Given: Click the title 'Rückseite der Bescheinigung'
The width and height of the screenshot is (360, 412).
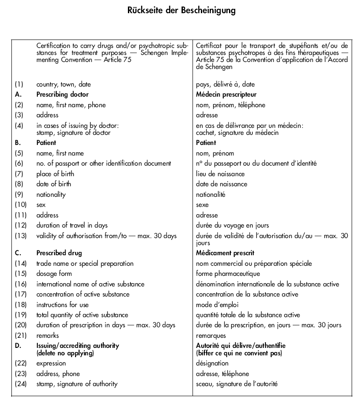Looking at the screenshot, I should (x=182, y=10).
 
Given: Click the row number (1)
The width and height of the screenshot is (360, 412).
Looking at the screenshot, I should (x=19, y=84).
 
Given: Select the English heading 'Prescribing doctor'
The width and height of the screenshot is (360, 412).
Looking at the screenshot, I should (x=62, y=94).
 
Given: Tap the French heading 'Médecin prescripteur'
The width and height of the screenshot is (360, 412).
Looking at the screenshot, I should (x=226, y=94).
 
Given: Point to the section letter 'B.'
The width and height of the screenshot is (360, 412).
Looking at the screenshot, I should (x=18, y=143).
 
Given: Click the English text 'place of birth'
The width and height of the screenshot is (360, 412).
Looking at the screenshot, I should (x=55, y=174).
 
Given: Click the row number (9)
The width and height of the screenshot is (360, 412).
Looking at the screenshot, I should (x=19, y=195).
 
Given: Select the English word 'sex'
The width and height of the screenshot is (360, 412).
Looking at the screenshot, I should (x=41, y=205).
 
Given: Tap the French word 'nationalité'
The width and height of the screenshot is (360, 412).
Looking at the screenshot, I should (x=211, y=195).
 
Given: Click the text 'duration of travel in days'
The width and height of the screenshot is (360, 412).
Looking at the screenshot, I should (x=72, y=225).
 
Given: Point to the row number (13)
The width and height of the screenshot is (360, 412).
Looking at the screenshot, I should (x=21, y=236).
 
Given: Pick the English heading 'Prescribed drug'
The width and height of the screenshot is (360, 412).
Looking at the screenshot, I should (x=59, y=253).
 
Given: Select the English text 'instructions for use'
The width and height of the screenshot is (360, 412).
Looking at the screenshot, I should (x=62, y=305).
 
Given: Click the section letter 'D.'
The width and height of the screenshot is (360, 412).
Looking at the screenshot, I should (x=18, y=346).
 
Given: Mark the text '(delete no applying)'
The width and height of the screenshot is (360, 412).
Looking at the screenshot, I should (x=65, y=353).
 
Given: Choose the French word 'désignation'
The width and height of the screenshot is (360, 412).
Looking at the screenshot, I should (x=212, y=363).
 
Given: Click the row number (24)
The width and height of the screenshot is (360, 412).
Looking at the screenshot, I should (x=21, y=384).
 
